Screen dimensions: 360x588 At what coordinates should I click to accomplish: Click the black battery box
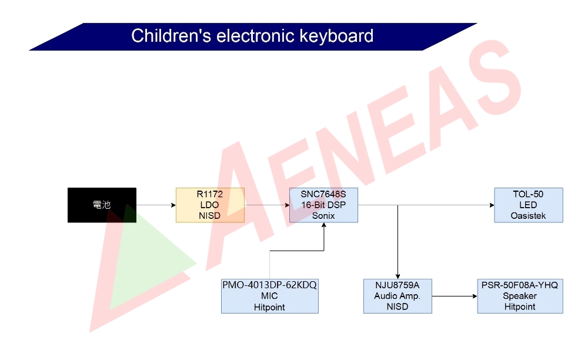[102, 205]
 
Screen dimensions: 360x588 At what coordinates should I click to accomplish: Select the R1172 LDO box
[210, 205]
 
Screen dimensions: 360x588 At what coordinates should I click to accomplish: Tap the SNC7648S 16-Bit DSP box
[323, 205]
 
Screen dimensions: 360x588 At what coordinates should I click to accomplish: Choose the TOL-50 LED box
[529, 205]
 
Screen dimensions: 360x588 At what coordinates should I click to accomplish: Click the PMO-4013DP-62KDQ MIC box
[269, 296]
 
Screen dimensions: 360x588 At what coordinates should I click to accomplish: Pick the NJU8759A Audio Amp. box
[397, 296]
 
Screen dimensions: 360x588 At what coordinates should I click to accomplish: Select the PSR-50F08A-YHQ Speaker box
[519, 296]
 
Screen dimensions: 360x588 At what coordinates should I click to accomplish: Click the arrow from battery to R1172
[156, 205]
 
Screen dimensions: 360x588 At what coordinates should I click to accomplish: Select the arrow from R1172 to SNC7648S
[266, 205]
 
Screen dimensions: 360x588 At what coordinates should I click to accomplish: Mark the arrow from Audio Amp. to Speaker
[454, 296]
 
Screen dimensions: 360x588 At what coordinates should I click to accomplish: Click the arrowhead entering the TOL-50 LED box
[492, 205]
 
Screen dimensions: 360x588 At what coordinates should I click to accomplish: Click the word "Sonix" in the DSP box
[323, 216]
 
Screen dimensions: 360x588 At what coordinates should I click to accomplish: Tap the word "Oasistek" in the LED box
[528, 216]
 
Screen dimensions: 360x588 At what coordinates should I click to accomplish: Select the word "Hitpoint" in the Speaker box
[519, 307]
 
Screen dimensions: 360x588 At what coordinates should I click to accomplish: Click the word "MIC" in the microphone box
[269, 296]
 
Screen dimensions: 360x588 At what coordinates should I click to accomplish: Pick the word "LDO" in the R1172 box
[210, 205]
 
